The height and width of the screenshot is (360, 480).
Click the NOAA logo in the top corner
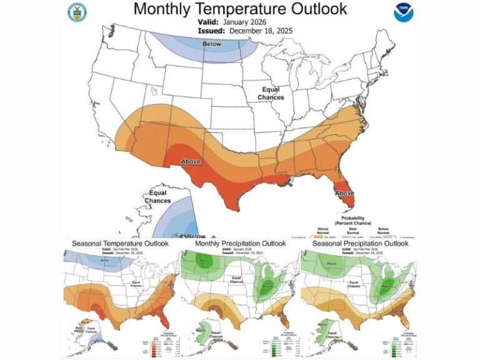(x=403, y=12)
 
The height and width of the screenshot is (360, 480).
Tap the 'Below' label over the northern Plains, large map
(x=212, y=44)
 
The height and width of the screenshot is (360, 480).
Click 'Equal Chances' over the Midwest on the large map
(x=272, y=94)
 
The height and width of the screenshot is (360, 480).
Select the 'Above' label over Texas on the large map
(x=191, y=162)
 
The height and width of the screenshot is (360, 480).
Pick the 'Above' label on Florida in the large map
(x=344, y=193)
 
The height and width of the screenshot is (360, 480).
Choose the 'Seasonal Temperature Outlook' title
(x=120, y=243)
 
